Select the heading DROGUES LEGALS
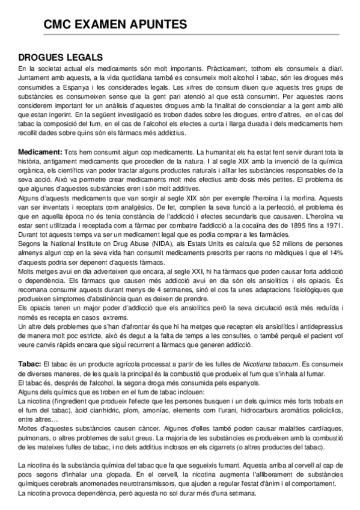(60, 57)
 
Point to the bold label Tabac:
(30, 364)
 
